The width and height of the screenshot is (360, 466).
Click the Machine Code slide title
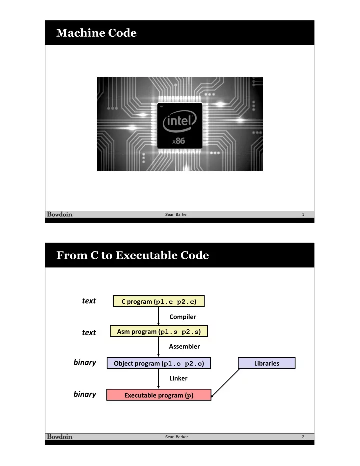96,33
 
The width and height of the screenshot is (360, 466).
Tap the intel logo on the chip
180,121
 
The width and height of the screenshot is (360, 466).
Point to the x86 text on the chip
178,141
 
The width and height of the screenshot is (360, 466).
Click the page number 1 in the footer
303,214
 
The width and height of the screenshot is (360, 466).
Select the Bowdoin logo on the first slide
60,214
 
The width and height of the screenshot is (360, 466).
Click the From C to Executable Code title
133,255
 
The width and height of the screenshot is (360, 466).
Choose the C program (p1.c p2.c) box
159,301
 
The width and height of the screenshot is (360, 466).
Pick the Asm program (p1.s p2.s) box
159,331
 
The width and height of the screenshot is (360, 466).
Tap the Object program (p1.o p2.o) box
159,363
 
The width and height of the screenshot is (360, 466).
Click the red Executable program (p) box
159,395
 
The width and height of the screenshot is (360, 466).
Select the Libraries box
267,363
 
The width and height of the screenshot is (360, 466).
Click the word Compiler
183,317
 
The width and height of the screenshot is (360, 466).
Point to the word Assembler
184,346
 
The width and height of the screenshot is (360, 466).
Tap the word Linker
178,378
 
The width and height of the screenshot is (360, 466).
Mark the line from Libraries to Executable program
225,383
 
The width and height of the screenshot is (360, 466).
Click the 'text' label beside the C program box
89,301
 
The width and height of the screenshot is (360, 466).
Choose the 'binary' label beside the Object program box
85,363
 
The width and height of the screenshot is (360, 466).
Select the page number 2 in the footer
303,437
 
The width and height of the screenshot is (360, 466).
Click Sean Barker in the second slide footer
177,437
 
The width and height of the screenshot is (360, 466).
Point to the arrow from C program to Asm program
158,316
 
